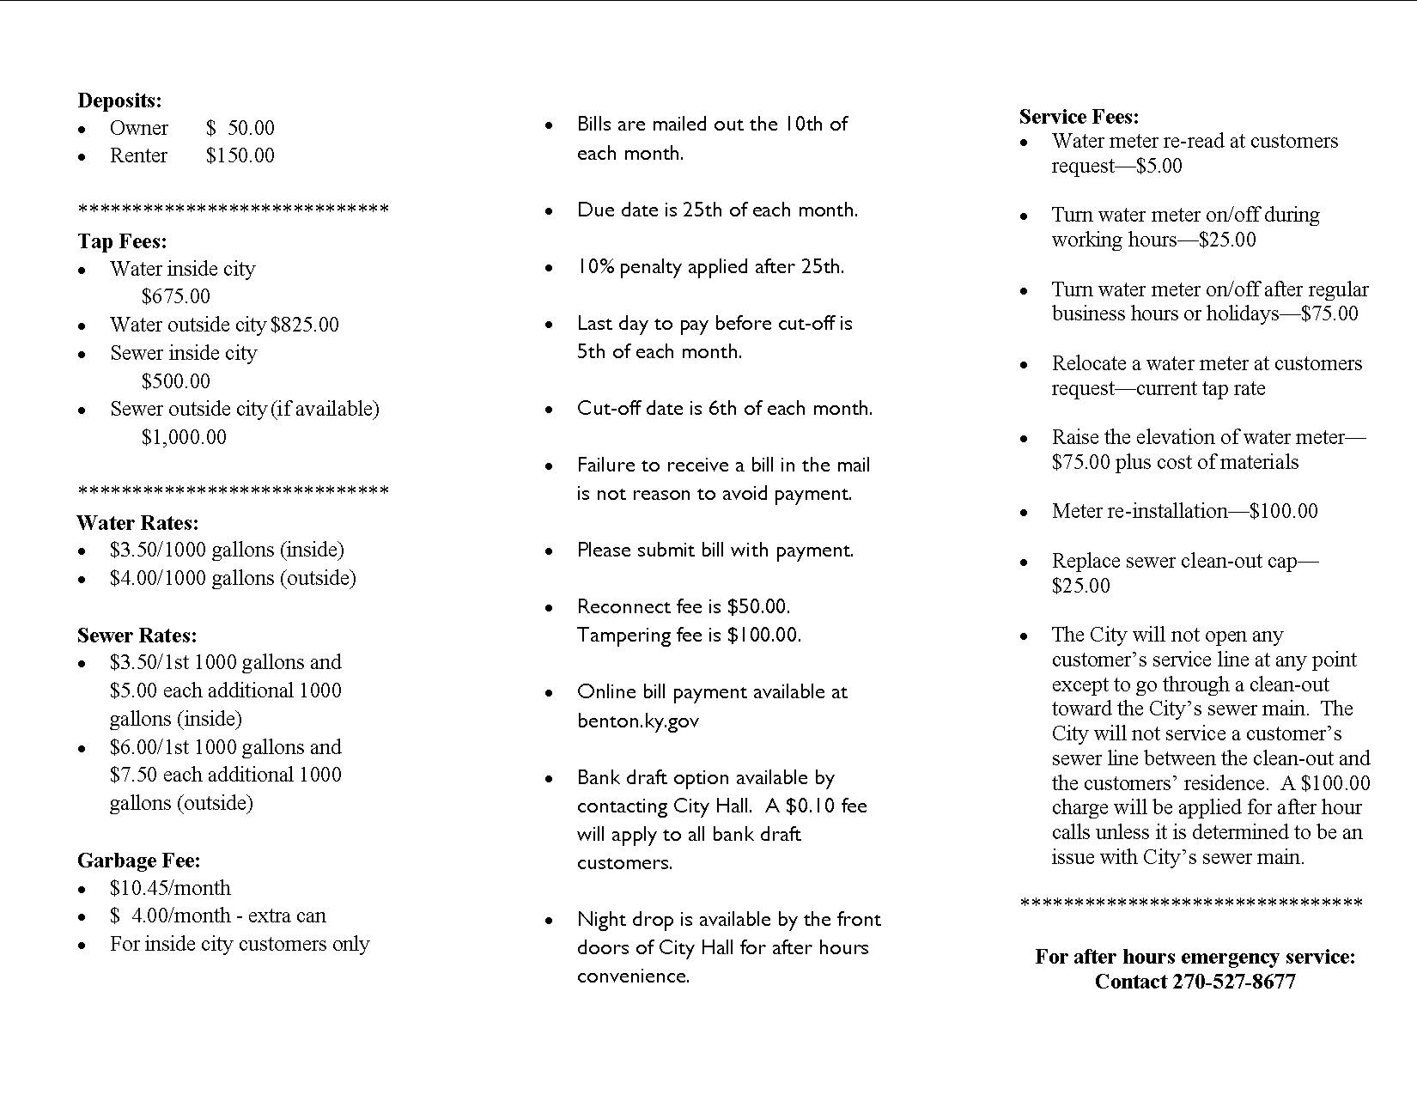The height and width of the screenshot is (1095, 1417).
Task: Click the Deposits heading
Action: [119, 100]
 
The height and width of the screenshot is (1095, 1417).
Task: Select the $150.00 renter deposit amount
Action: [240, 155]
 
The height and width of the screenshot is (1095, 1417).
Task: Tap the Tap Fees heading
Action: [122, 241]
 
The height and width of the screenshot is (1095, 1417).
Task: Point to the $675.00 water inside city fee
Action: [175, 296]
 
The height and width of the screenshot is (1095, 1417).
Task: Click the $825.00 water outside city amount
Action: [305, 325]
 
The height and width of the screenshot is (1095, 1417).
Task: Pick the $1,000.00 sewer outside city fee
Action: [184, 437]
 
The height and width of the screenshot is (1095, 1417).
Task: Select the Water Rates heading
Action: [137, 522]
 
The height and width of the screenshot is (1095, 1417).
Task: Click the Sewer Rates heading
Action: [137, 635]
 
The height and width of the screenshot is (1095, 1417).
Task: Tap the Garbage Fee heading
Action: [138, 860]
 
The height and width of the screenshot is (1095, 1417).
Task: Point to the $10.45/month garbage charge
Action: [170, 888]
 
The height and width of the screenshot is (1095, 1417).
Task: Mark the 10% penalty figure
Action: [595, 267]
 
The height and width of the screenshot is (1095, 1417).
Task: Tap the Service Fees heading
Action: [1079, 116]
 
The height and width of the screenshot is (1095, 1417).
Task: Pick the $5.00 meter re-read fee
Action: [1159, 166]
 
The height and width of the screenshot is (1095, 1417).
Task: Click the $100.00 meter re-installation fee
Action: [1283, 511]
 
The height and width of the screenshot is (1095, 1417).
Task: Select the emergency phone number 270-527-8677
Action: [1233, 982]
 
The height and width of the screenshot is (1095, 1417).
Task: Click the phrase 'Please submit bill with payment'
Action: [715, 551]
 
